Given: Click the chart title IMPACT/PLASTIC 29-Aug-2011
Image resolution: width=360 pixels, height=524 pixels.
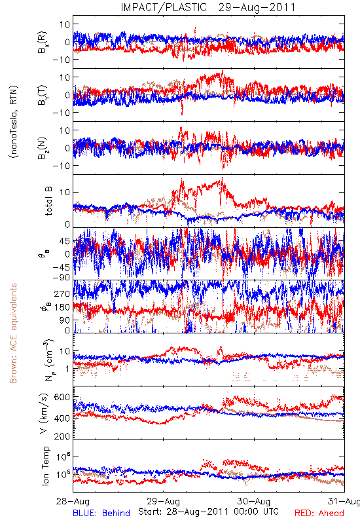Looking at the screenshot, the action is click(208, 7).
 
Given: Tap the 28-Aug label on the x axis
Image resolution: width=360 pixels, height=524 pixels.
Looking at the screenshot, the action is click(73, 501).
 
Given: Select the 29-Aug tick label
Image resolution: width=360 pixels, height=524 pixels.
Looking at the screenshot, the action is click(163, 501).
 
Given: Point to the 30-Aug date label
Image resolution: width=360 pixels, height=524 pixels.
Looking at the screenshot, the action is click(254, 501).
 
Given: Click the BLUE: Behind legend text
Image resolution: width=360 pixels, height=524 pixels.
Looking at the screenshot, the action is click(101, 513).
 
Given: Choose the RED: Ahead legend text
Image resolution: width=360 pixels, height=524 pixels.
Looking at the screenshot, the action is click(319, 513).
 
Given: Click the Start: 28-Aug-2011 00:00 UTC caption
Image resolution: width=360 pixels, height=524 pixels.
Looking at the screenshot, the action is click(208, 512).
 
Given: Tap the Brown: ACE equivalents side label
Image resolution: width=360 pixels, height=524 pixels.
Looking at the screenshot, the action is click(13, 333).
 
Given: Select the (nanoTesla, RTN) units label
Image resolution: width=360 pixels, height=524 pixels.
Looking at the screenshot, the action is click(14, 121).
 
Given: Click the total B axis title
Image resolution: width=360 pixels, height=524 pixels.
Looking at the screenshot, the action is click(48, 201).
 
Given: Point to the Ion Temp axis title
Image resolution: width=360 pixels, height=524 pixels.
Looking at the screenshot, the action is click(45, 466).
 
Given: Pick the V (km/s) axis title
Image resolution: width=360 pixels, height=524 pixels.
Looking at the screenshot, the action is click(45, 413).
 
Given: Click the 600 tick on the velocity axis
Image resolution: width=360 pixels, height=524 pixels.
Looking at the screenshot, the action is click(62, 397).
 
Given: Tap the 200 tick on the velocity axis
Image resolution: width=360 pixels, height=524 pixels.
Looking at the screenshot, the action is click(62, 436).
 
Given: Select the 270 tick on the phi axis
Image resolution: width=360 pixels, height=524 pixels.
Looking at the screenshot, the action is click(62, 293).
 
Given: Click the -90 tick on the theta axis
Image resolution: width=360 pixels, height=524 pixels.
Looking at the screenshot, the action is click(61, 277).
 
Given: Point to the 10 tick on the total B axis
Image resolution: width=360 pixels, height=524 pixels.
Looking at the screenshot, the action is click(65, 192).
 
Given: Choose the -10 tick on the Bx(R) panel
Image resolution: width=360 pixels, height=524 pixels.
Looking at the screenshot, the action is click(61, 60).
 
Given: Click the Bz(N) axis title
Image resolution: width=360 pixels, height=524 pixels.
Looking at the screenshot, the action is click(43, 148).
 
